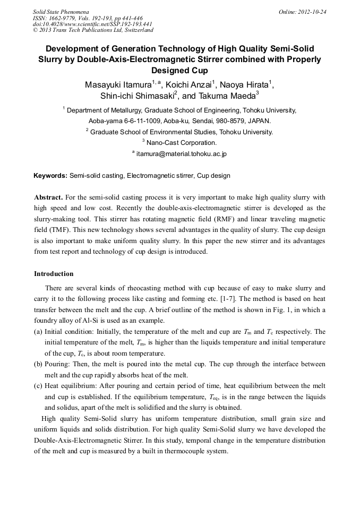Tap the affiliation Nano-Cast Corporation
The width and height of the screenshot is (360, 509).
181,143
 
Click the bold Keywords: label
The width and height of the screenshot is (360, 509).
50,176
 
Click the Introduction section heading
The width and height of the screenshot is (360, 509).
54,274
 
